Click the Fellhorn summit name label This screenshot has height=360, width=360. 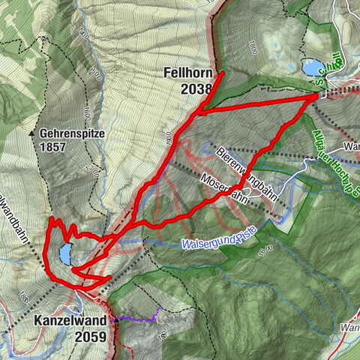(187, 74)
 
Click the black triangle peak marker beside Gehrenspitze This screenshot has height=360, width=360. (31, 133)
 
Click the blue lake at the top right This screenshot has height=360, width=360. (310, 68)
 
